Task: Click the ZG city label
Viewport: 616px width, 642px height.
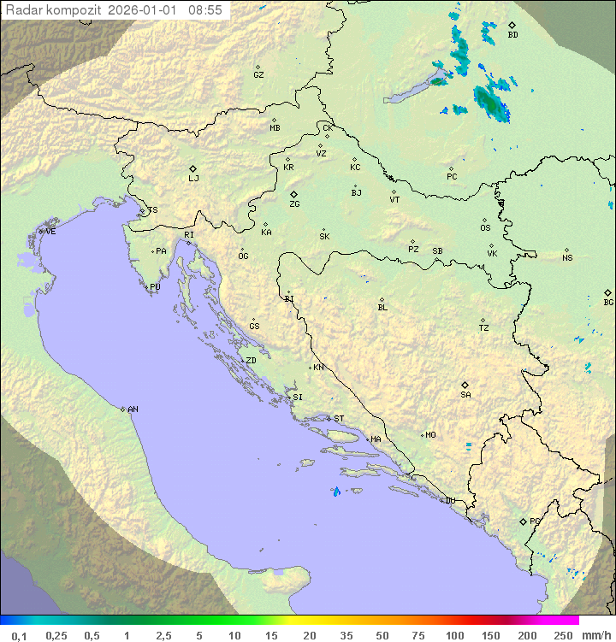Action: point(294,205)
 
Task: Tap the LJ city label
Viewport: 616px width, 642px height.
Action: point(193,179)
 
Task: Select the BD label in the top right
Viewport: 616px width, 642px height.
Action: point(512,35)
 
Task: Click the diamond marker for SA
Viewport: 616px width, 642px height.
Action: point(465,385)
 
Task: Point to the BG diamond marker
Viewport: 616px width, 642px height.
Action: point(608,292)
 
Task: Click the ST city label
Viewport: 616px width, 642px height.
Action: point(339,419)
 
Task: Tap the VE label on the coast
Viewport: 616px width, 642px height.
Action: point(50,232)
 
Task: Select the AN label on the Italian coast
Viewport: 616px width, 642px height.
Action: point(133,409)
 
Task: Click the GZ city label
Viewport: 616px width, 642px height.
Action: point(258,75)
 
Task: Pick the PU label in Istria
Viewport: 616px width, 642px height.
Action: point(155,287)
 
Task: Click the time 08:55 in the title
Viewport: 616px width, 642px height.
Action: point(205,10)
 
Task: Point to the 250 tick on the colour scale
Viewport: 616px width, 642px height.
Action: point(563,635)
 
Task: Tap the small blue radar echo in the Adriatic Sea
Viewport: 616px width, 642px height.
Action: point(336,492)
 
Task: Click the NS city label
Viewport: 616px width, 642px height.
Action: point(567,258)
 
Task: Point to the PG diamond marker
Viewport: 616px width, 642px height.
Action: point(524,521)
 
